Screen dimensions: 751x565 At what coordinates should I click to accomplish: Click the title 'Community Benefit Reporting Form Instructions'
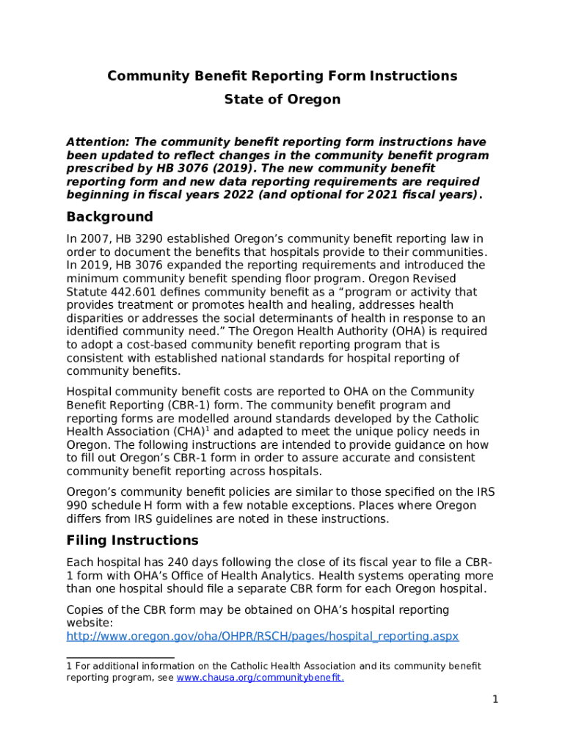tap(282, 76)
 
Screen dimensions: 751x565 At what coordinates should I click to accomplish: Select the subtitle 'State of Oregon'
tap(282, 99)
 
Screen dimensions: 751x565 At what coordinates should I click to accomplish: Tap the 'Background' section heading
tap(109, 217)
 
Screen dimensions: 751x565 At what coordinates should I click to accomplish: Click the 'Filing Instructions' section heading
tap(132, 541)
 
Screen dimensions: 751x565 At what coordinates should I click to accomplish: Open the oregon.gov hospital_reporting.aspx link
tap(262, 636)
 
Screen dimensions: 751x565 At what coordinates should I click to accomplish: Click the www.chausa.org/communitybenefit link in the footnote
tap(260, 678)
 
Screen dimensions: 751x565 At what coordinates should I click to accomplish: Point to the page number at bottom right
tap(495, 700)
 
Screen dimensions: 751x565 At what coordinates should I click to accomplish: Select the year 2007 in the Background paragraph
tap(95, 239)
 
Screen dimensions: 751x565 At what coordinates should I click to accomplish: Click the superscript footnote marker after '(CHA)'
tap(210, 429)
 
